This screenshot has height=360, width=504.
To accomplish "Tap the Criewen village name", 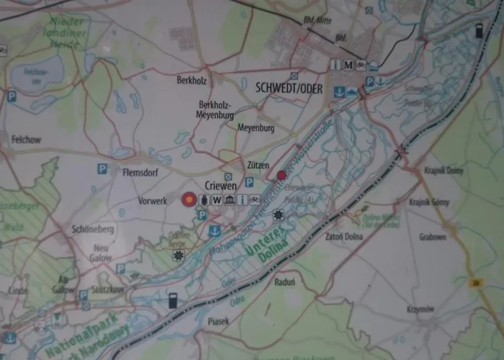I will pos(221,184).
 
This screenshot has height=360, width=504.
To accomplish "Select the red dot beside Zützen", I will pos(281,175).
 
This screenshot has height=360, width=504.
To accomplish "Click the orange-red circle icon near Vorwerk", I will pos(188,199).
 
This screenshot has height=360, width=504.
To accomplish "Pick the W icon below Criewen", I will pos(217,199).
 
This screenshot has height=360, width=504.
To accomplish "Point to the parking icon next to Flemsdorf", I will pos(103,170).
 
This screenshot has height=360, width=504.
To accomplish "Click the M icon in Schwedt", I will pos(349,65).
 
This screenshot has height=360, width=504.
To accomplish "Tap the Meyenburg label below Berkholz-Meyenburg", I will pos(256,128).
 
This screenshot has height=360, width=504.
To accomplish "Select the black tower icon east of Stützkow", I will pos(172,300).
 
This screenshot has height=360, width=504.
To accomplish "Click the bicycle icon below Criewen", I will pos(254,199).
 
